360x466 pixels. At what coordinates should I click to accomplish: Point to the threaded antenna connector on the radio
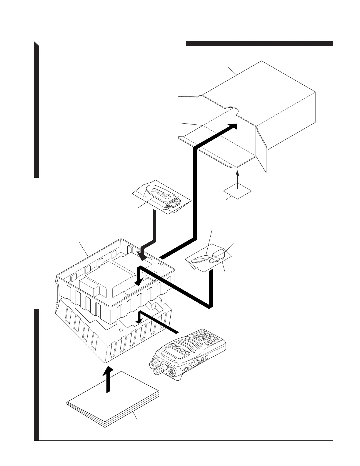point(171,371)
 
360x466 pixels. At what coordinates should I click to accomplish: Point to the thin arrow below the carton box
point(238,179)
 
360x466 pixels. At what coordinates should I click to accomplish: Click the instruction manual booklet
point(113,400)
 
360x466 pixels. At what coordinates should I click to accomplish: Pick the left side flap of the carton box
point(190,109)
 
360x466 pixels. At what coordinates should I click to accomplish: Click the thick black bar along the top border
point(259,44)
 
